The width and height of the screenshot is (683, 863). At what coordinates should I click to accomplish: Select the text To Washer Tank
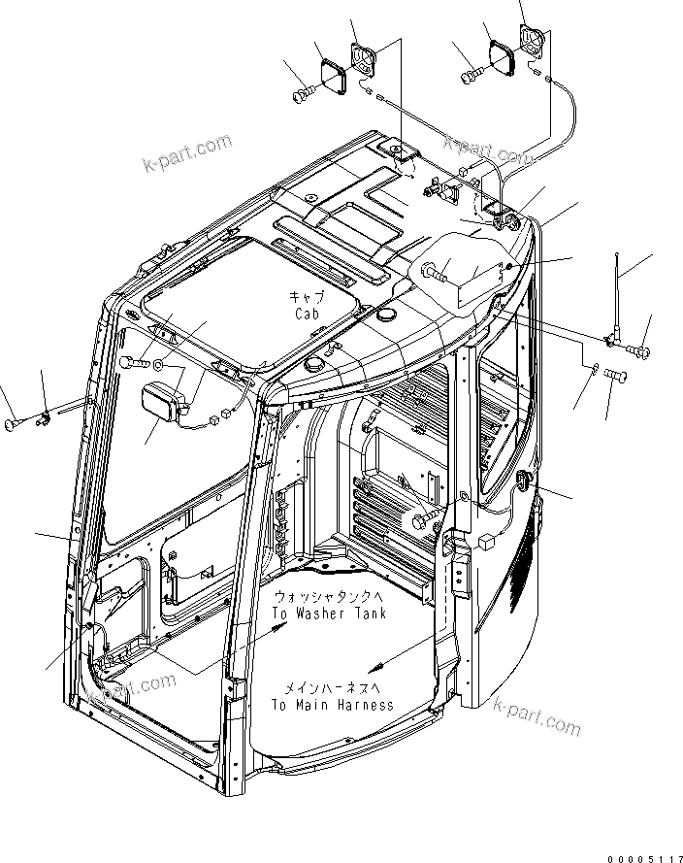point(329,613)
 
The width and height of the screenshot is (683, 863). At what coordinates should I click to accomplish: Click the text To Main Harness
point(333,704)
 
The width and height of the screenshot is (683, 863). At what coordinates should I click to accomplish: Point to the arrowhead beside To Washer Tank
point(280,629)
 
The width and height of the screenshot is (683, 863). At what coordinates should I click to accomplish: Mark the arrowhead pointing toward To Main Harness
point(376,666)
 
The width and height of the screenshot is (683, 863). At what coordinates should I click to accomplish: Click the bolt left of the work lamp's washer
point(134,362)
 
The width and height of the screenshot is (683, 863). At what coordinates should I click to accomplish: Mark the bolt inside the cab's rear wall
point(424,520)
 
